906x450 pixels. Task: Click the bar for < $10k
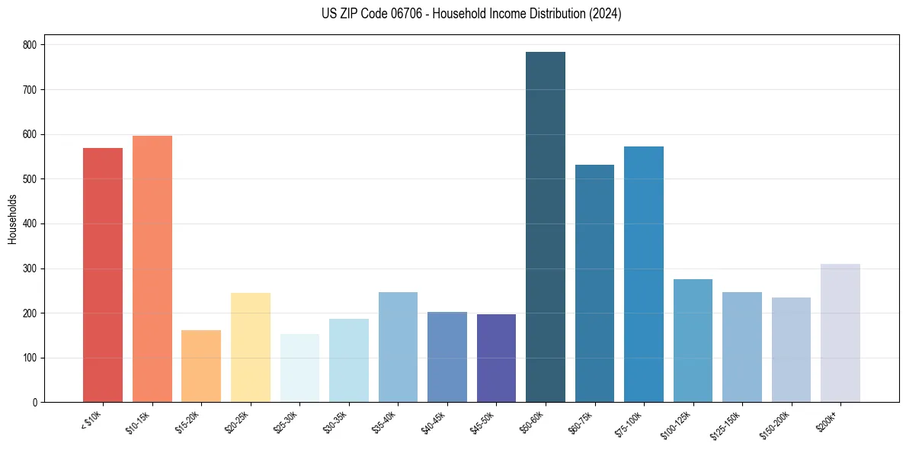(x=103, y=275)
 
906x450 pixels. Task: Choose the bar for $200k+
(x=840, y=333)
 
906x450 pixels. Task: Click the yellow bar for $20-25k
(x=251, y=347)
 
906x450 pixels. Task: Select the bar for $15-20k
(x=201, y=366)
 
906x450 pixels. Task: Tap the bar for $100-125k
(x=693, y=340)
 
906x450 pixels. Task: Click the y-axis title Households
(x=12, y=219)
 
